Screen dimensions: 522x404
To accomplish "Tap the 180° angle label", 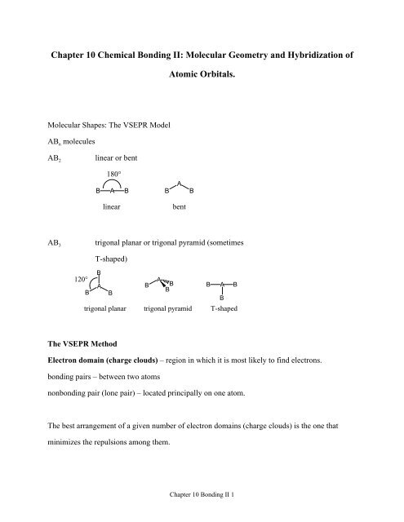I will tap(113, 175).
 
